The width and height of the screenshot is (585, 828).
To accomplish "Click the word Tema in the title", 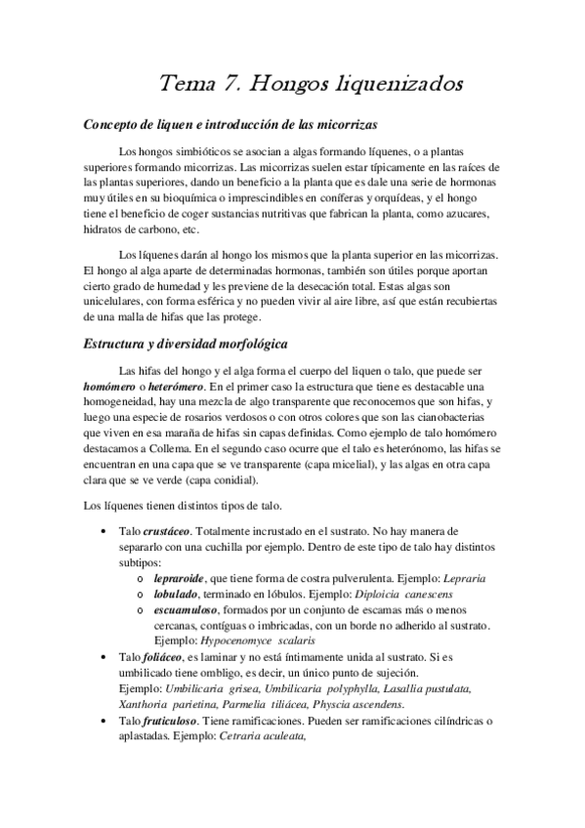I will point(188,85).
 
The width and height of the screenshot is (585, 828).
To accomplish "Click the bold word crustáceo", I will point(169,530).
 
